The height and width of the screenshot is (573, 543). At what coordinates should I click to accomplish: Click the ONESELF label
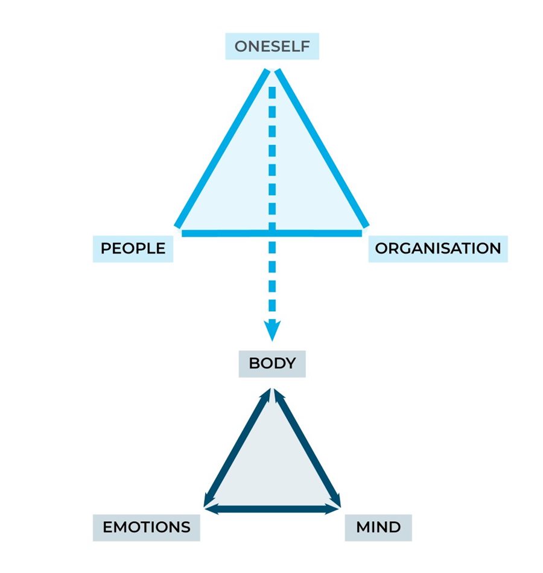tap(271, 46)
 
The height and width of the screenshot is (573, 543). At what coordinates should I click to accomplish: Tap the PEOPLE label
tap(133, 249)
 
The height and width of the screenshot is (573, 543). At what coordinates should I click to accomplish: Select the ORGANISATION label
tap(437, 249)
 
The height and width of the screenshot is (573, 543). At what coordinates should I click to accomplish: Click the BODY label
tap(272, 363)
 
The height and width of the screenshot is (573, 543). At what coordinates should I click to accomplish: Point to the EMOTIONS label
tap(147, 527)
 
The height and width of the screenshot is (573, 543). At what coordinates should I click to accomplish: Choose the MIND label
tap(378, 527)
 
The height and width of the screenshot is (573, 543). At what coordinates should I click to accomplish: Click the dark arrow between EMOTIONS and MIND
tap(272, 510)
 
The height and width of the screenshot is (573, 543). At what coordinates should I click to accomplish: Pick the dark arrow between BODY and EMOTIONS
tap(237, 449)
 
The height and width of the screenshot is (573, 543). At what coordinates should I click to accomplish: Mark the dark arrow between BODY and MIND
tap(308, 449)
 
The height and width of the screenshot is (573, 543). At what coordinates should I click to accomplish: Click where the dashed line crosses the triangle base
tap(272, 232)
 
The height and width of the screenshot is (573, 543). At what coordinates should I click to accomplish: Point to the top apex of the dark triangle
tap(272, 392)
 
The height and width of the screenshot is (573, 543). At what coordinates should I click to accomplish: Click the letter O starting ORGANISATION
tap(381, 249)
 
